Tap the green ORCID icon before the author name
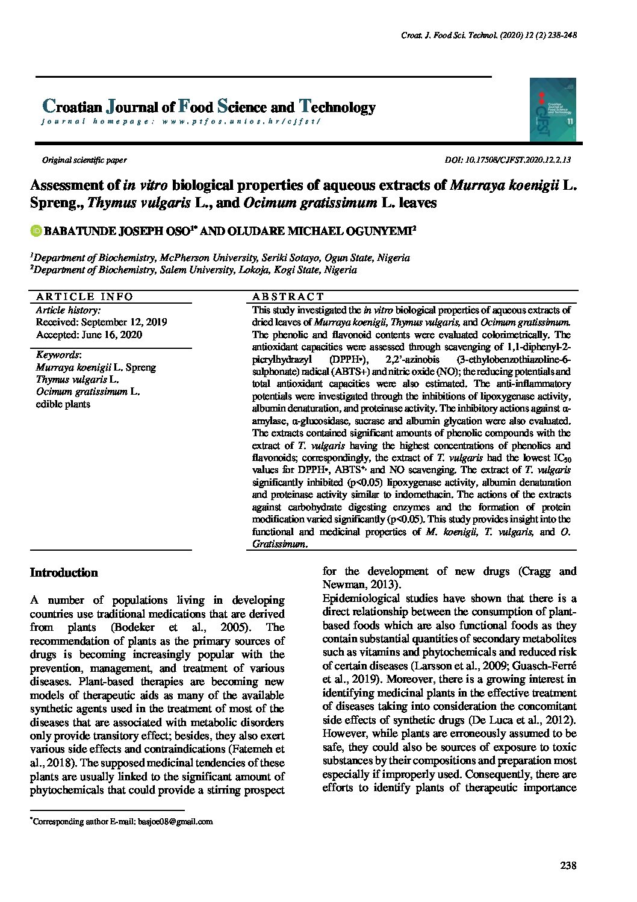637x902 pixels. tap(36, 231)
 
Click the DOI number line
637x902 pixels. tap(507, 160)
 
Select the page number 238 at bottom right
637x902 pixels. tap(568, 866)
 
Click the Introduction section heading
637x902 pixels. tap(64, 573)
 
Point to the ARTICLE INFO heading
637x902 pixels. tap(84, 296)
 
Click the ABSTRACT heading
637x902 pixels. tap(288, 296)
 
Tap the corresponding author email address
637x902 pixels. tap(175, 822)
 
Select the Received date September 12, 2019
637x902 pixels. tap(101, 322)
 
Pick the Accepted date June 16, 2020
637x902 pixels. tap(89, 335)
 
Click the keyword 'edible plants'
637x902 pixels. tap(63, 404)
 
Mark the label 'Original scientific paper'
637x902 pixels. tap(84, 160)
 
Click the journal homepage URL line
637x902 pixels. tap(181, 122)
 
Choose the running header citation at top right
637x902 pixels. tap(489, 36)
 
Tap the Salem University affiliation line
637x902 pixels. tap(195, 271)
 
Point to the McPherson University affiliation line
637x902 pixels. tap(222, 258)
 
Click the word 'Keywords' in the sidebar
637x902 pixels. tap(58, 355)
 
